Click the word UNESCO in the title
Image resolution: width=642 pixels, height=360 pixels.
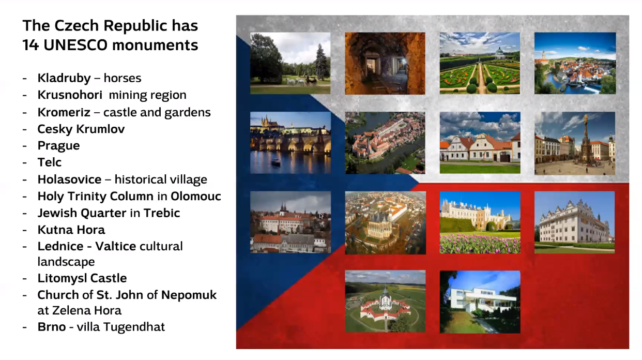tap(75, 45)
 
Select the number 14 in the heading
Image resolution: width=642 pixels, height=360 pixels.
tap(30, 45)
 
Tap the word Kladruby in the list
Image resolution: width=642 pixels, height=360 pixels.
tap(64, 78)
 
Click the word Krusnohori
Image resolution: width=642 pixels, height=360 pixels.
tap(70, 95)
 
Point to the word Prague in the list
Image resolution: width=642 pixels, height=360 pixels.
tap(59, 146)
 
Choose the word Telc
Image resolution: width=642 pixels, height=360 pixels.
tap(49, 162)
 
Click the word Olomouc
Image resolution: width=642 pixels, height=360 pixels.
tap(196, 197)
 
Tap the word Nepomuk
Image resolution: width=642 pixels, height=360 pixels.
tap(189, 295)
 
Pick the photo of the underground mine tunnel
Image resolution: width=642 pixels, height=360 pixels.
tap(385, 64)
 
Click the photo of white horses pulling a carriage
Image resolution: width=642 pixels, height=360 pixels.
tap(291, 63)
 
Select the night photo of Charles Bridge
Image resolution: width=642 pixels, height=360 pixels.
tap(291, 143)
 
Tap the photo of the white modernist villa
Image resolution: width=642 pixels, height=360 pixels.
tap(480, 302)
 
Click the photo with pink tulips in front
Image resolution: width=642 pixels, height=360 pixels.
tap(480, 222)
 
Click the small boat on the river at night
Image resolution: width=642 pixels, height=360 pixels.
tap(276, 162)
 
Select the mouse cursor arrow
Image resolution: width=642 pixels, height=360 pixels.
tap(321, 216)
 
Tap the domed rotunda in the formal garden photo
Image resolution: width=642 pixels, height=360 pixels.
tap(499, 53)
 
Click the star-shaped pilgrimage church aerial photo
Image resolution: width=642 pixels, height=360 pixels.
tap(385, 301)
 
